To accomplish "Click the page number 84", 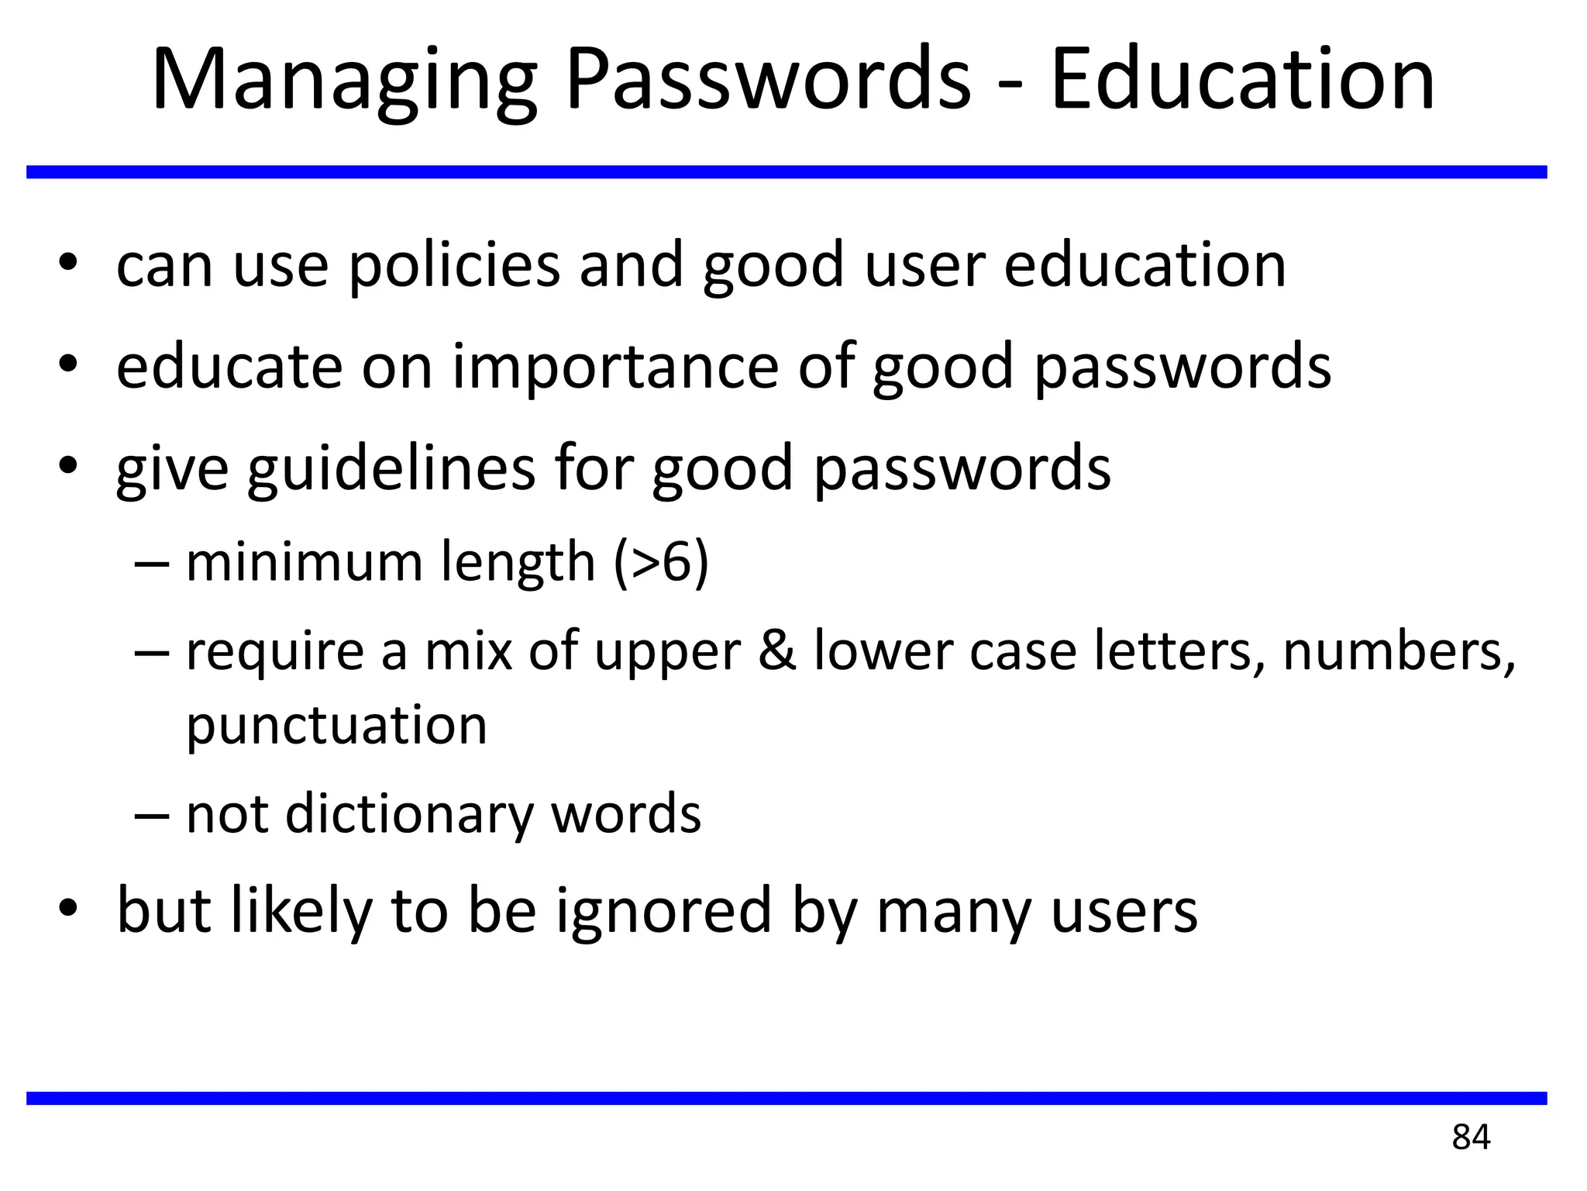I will (1471, 1137).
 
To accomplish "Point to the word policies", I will (454, 265).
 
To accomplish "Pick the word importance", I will (615, 368).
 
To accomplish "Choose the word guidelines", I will (391, 468).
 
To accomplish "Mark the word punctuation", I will (337, 726).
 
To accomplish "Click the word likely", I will (301, 910).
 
